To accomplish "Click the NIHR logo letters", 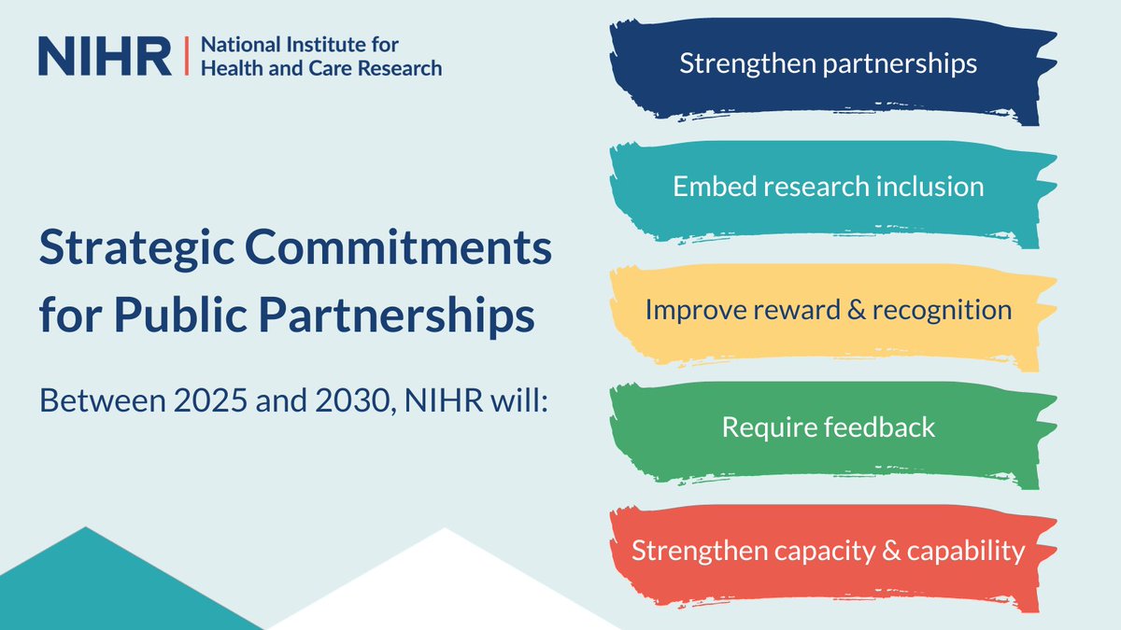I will click(x=105, y=56).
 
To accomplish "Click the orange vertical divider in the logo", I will click(x=187, y=56).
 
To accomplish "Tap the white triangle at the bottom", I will click(x=444, y=588).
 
